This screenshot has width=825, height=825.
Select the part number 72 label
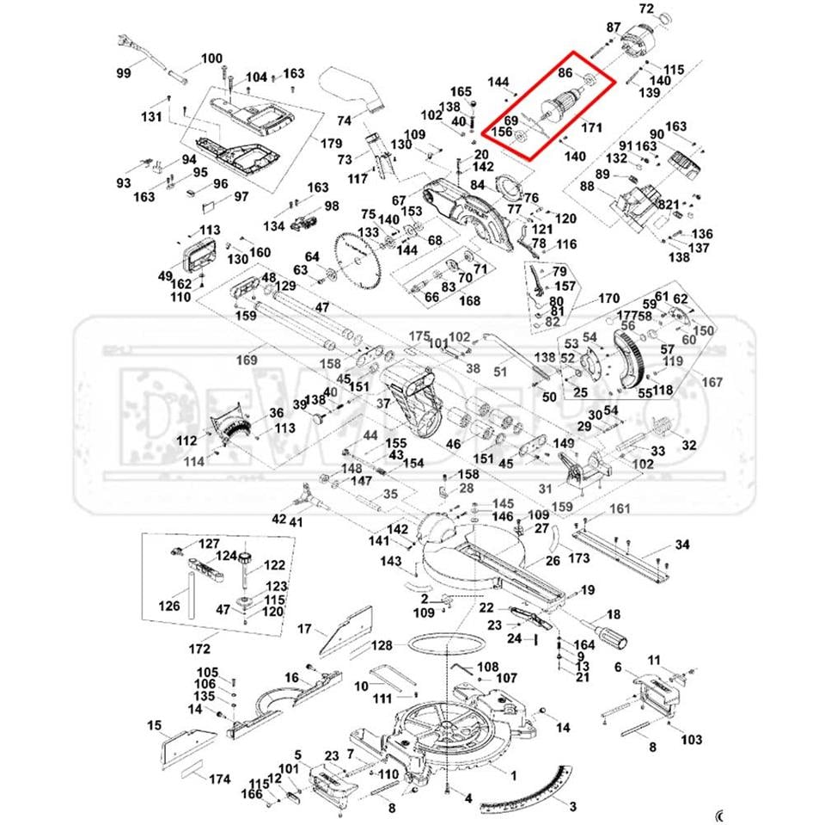(x=671, y=9)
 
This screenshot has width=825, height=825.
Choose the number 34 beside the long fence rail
(x=682, y=545)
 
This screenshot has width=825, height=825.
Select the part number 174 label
(x=221, y=779)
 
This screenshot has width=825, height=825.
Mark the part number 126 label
(x=169, y=606)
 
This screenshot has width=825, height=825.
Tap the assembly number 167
(x=713, y=382)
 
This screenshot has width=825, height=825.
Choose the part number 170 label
(x=608, y=299)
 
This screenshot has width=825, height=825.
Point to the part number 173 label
(x=579, y=559)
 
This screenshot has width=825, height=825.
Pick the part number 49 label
(x=166, y=275)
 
